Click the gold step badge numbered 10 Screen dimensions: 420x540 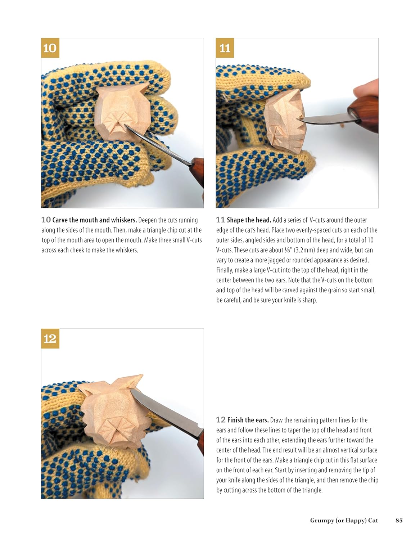point(50,48)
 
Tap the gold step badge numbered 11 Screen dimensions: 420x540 point(225,48)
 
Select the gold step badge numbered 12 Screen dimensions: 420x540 point(50,338)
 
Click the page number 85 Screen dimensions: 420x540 point(399,520)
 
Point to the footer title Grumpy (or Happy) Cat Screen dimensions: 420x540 point(344,521)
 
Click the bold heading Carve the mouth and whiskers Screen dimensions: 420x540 point(95,220)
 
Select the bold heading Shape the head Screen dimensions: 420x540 point(249,220)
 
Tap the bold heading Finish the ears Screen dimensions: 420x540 point(248,420)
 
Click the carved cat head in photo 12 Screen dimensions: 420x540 point(114,413)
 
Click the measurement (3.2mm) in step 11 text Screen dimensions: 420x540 point(304,250)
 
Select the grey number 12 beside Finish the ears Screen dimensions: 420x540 point(221,420)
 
